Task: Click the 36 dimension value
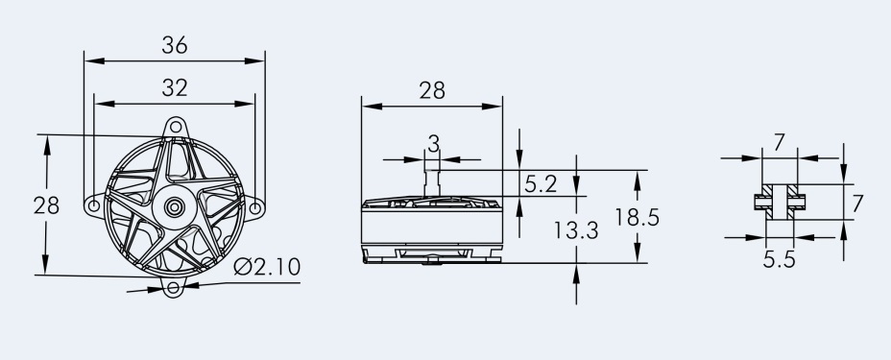(175, 45)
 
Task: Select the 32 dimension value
(175, 88)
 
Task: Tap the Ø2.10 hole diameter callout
(267, 266)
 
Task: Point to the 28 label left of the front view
(46, 205)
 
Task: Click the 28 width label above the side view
(432, 90)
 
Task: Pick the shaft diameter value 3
(433, 144)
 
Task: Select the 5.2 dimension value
(541, 184)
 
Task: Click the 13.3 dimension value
(576, 230)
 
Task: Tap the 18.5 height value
(637, 217)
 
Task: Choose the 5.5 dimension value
(779, 259)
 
